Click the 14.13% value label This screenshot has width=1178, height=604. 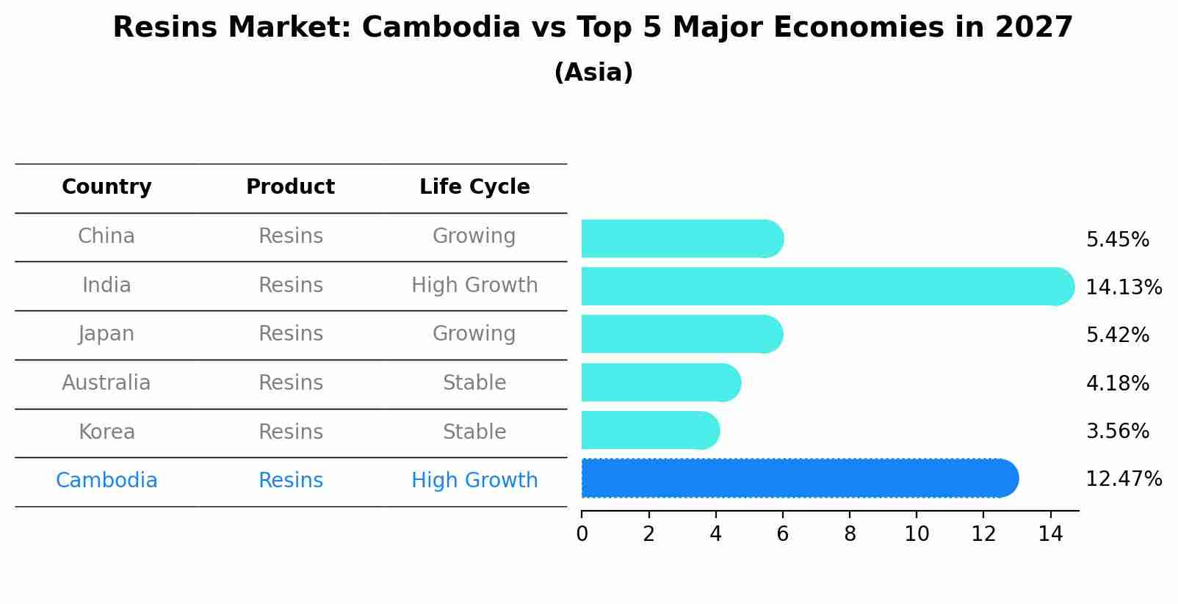click(1123, 288)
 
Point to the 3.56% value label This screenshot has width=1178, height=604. click(1117, 432)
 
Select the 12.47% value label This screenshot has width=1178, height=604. click(1123, 479)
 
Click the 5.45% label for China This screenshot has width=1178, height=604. click(1117, 240)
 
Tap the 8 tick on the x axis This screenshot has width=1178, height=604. click(850, 534)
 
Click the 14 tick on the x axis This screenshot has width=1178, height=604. click(1050, 534)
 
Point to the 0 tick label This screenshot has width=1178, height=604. click(582, 534)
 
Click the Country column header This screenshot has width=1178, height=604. click(106, 187)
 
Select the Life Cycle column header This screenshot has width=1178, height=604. click(474, 187)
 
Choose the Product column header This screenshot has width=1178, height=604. click(290, 187)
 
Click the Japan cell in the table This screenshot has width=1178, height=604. click(106, 334)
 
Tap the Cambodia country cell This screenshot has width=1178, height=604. click(106, 481)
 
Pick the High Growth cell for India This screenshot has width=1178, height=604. click(474, 285)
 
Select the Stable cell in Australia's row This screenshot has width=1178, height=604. click(474, 383)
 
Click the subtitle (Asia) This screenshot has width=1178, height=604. click(593, 73)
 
